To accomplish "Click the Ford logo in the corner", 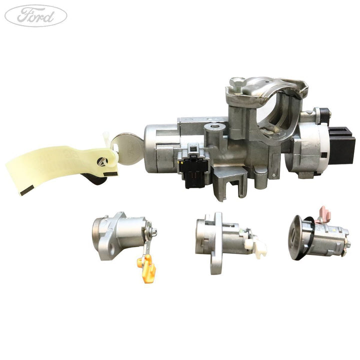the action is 36,15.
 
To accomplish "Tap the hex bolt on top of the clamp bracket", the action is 237,82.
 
